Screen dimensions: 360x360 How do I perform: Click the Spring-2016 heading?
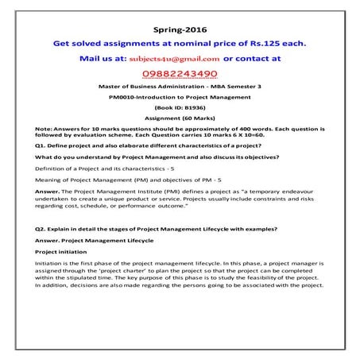pos(179,29)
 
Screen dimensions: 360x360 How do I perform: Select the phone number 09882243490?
pos(180,73)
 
